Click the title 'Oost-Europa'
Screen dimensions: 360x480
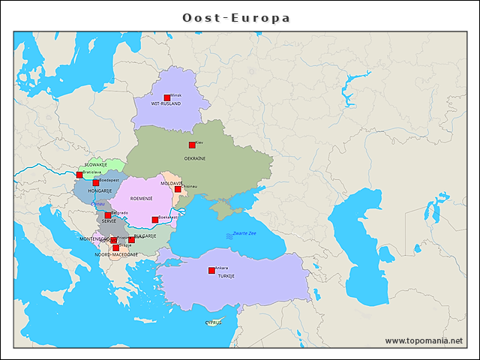coord(237,17)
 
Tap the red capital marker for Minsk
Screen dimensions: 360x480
coord(167,97)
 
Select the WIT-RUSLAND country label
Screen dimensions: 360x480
coord(166,104)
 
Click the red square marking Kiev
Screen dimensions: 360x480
coord(192,145)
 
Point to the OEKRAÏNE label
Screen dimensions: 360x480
coord(195,158)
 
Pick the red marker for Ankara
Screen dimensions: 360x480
coord(211,270)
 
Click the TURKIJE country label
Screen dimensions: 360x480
coord(226,276)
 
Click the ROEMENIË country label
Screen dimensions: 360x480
coord(141,199)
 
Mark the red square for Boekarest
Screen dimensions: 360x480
coord(155,220)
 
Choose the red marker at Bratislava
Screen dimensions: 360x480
coord(79,175)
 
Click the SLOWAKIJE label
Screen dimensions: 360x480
coord(95,164)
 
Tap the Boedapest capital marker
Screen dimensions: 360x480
coord(96,182)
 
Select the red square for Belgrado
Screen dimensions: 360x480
coord(108,215)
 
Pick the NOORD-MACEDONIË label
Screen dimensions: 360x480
coord(115,255)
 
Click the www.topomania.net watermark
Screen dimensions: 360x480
coord(424,340)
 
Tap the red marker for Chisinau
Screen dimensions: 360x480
coord(178,189)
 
